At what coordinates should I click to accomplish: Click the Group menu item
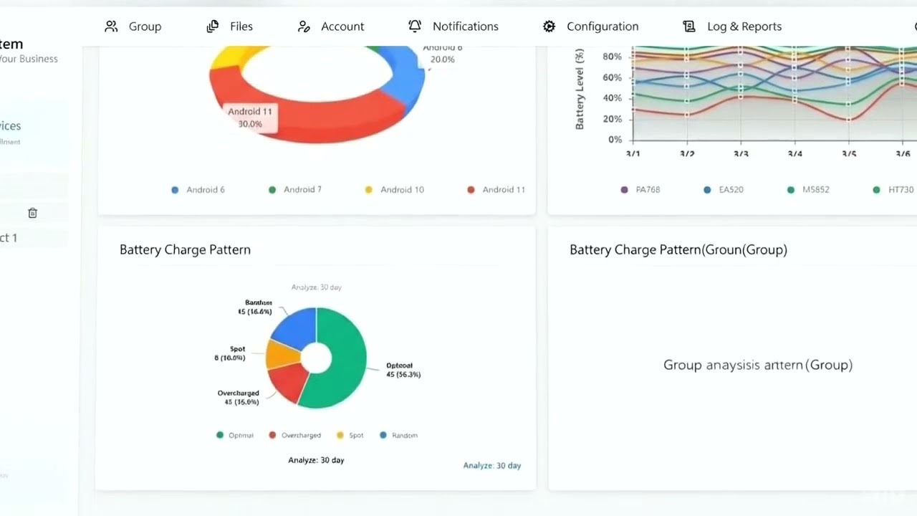[133, 27]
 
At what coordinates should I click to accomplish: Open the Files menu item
[230, 27]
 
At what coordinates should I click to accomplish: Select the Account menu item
[330, 27]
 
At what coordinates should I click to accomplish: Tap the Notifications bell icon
[415, 26]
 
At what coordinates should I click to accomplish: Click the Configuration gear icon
[549, 27]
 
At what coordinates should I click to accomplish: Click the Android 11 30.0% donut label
[250, 118]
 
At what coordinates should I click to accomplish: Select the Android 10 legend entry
[395, 190]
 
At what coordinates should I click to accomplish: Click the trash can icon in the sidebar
[32, 213]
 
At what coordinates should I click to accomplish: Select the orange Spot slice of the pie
[282, 354]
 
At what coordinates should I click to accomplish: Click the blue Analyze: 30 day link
[491, 466]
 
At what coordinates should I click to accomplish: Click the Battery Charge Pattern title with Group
[678, 250]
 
